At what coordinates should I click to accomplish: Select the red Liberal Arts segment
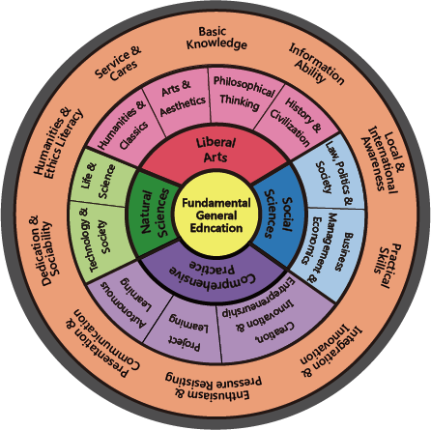click(x=215, y=150)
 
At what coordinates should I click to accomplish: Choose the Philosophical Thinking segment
click(x=243, y=92)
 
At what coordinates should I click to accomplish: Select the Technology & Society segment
click(x=99, y=242)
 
